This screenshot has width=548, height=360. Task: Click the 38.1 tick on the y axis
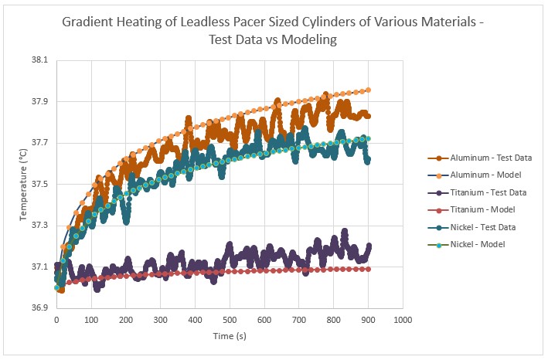pyautogui.click(x=38, y=60)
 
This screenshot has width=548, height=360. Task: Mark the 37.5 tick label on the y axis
pyautogui.click(x=38, y=184)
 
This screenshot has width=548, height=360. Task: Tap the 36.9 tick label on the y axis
pyautogui.click(x=38, y=307)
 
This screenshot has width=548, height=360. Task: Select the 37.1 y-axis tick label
pyautogui.click(x=38, y=267)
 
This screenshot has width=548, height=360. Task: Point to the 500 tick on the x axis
pyautogui.click(x=230, y=319)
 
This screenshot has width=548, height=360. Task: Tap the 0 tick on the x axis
pyautogui.click(x=56, y=319)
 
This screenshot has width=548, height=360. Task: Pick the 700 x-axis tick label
pyautogui.click(x=299, y=319)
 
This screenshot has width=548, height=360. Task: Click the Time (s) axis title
pyautogui.click(x=230, y=337)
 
